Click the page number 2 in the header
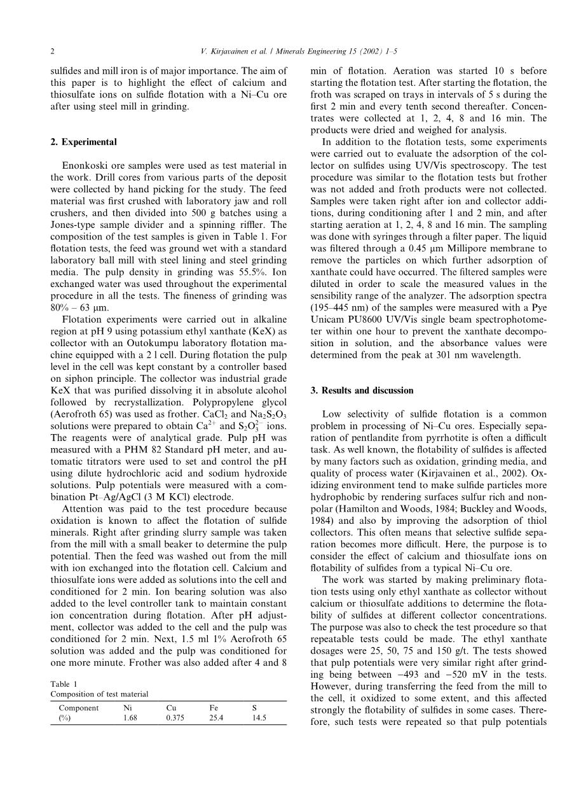point(53,51)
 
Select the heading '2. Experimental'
point(83,142)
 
